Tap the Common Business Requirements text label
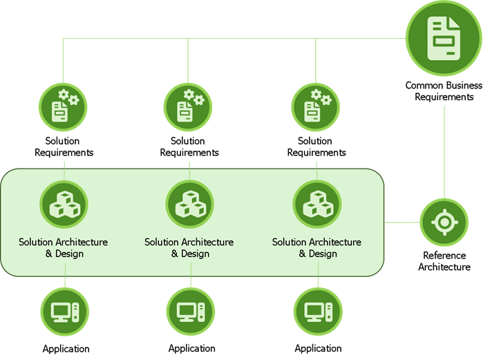440,91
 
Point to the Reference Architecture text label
444,260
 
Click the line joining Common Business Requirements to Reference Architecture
444,152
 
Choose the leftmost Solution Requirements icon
64,106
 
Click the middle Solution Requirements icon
189,106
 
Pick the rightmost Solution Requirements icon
317,106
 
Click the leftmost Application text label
66,348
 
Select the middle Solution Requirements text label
189,146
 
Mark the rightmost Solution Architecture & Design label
317,247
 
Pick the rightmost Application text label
318,348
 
